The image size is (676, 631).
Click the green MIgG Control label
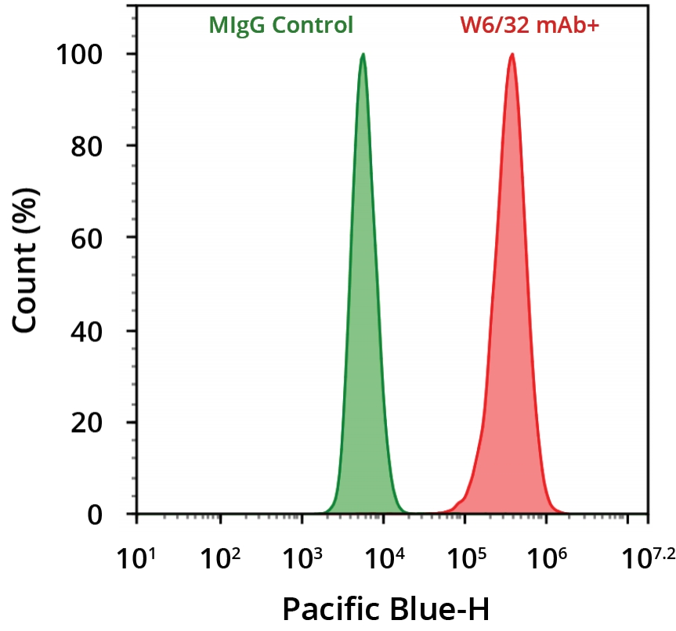280,25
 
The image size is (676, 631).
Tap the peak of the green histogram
363,55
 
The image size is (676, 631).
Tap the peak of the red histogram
512,55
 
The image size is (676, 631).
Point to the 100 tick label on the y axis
81,55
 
